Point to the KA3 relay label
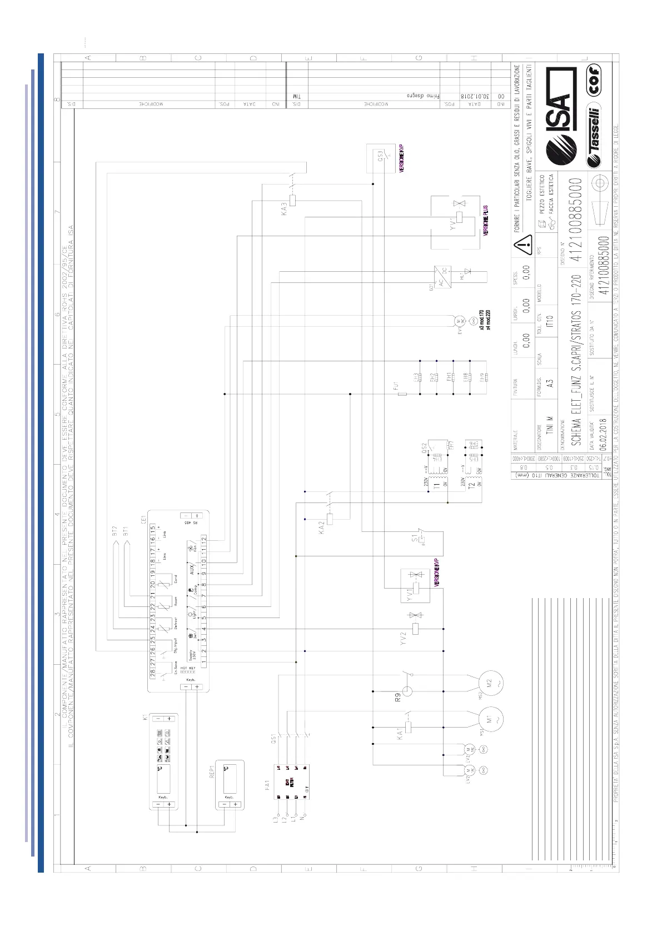(284, 209)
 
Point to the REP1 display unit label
(212, 771)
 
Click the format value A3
(549, 383)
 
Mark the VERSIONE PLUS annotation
(485, 221)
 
